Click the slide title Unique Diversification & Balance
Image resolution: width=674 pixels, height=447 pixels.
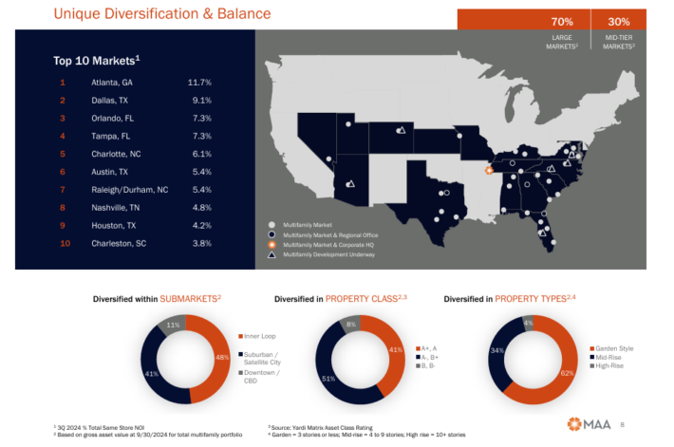tap(161, 14)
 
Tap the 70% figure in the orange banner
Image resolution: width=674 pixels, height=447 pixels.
tap(562, 21)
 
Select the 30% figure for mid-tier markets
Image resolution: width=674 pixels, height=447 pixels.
tap(619, 21)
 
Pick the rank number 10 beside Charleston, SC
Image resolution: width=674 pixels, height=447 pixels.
tap(65, 243)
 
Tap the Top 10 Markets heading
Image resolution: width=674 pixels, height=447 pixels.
tap(96, 61)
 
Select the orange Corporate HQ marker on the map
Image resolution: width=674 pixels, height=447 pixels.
tap(489, 171)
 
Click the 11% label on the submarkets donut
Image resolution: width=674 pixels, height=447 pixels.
tap(174, 325)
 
